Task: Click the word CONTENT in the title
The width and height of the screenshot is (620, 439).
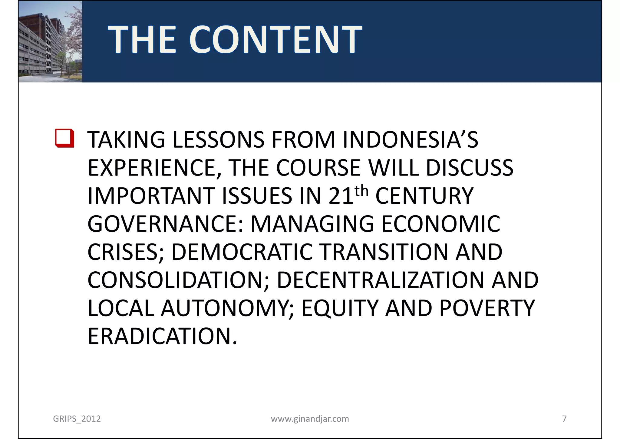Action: pyautogui.click(x=276, y=39)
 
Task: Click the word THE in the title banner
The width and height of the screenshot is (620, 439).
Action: pyautogui.click(x=142, y=39)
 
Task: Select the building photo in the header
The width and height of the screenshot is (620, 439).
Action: pyautogui.click(x=50, y=42)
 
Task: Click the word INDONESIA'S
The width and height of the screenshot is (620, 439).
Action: pyautogui.click(x=410, y=140)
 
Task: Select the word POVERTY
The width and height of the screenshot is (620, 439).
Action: pyautogui.click(x=487, y=308)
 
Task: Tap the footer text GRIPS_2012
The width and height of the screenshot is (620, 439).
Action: pyautogui.click(x=77, y=419)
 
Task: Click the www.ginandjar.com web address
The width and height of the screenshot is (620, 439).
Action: pyautogui.click(x=310, y=419)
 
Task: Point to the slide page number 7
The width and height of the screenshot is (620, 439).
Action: pyautogui.click(x=564, y=419)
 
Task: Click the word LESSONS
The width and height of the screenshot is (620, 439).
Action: pyautogui.click(x=218, y=140)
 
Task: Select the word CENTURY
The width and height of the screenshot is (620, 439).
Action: pyautogui.click(x=424, y=196)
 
